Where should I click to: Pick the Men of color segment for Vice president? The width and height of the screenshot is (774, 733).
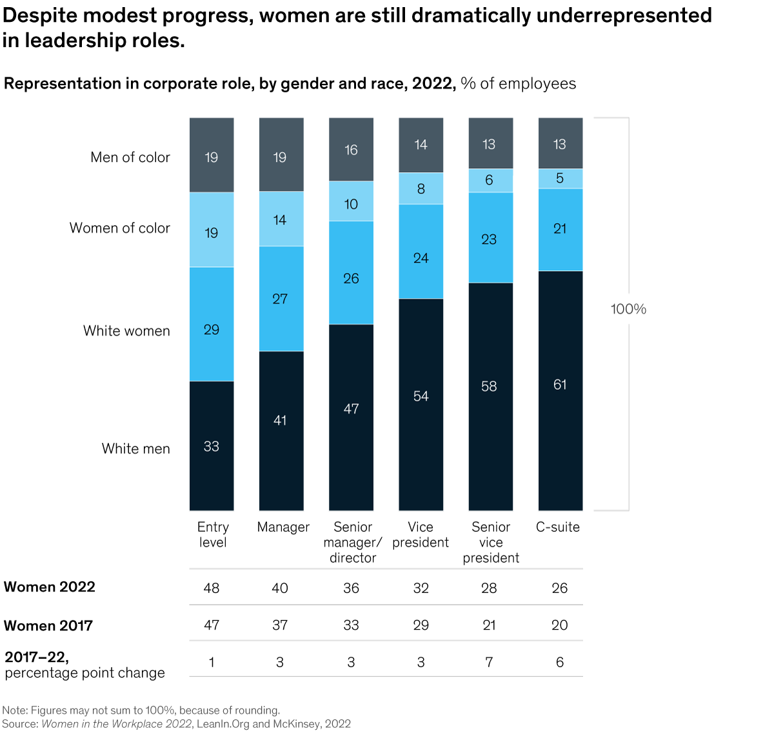tap(421, 145)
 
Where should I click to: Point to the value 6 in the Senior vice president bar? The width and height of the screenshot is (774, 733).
tap(490, 181)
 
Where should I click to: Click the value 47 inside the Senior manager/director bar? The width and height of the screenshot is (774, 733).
tap(351, 409)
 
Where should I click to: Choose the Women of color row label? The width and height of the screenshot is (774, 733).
tap(120, 228)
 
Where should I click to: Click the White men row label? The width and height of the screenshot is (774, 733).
tap(135, 449)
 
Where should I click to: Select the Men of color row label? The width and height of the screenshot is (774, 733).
tap(130, 157)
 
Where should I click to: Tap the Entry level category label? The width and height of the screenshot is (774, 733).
tap(213, 535)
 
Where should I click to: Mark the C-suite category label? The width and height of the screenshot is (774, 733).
tap(558, 527)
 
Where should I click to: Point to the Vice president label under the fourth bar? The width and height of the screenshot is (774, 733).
tap(421, 535)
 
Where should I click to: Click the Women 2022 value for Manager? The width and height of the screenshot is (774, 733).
tap(280, 588)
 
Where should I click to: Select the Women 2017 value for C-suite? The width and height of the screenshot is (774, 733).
tap(560, 625)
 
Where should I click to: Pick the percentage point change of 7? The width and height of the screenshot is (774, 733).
tap(490, 662)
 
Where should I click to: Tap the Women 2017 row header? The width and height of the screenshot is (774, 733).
tap(48, 626)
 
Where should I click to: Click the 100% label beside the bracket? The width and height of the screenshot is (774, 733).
tap(628, 309)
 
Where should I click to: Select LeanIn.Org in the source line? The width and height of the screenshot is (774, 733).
tap(223, 724)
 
